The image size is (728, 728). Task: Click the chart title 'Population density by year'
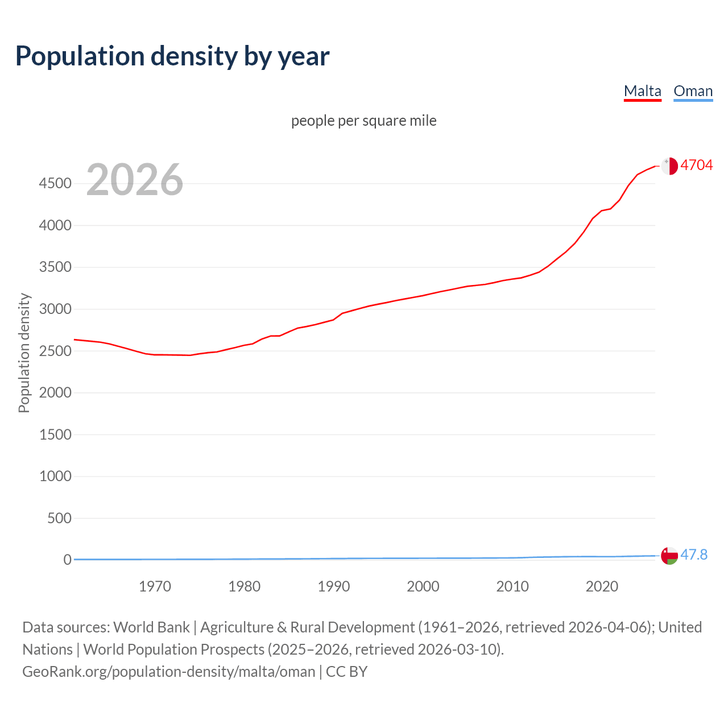[x=172, y=56]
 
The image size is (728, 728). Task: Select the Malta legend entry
[x=642, y=91]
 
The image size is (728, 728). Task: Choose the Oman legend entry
[x=693, y=91]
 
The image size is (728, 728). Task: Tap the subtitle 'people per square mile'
[x=364, y=121]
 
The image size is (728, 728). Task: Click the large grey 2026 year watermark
[x=135, y=180]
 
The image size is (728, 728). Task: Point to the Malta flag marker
[x=669, y=166]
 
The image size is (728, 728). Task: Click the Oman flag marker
[x=669, y=555]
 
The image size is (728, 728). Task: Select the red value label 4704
[x=697, y=165]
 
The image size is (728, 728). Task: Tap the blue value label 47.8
[x=694, y=555]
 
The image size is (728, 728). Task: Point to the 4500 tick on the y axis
[x=55, y=184]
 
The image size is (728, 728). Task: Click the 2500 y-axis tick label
[x=55, y=351]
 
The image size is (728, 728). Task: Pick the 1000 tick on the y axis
[x=55, y=477]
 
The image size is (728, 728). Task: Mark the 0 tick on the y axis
[x=68, y=560]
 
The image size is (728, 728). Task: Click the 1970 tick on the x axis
[x=155, y=586]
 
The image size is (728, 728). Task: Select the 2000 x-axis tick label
[x=423, y=586]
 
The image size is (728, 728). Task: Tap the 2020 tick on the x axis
[x=602, y=586]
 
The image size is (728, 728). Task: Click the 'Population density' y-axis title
[x=24, y=353]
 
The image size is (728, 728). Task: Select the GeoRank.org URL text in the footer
[x=168, y=672]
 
